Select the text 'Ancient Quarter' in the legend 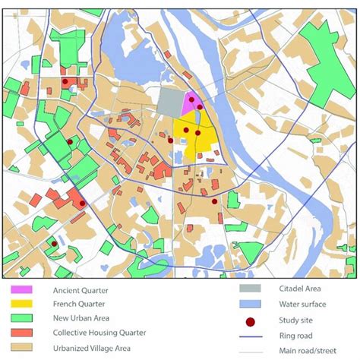pyautogui.click(x=81, y=290)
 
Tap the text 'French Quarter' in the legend pyautogui.click(x=79, y=304)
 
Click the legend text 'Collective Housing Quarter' pyautogui.click(x=99, y=332)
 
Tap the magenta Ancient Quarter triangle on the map pyautogui.click(x=192, y=104)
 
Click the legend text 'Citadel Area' pyautogui.click(x=295, y=290)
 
